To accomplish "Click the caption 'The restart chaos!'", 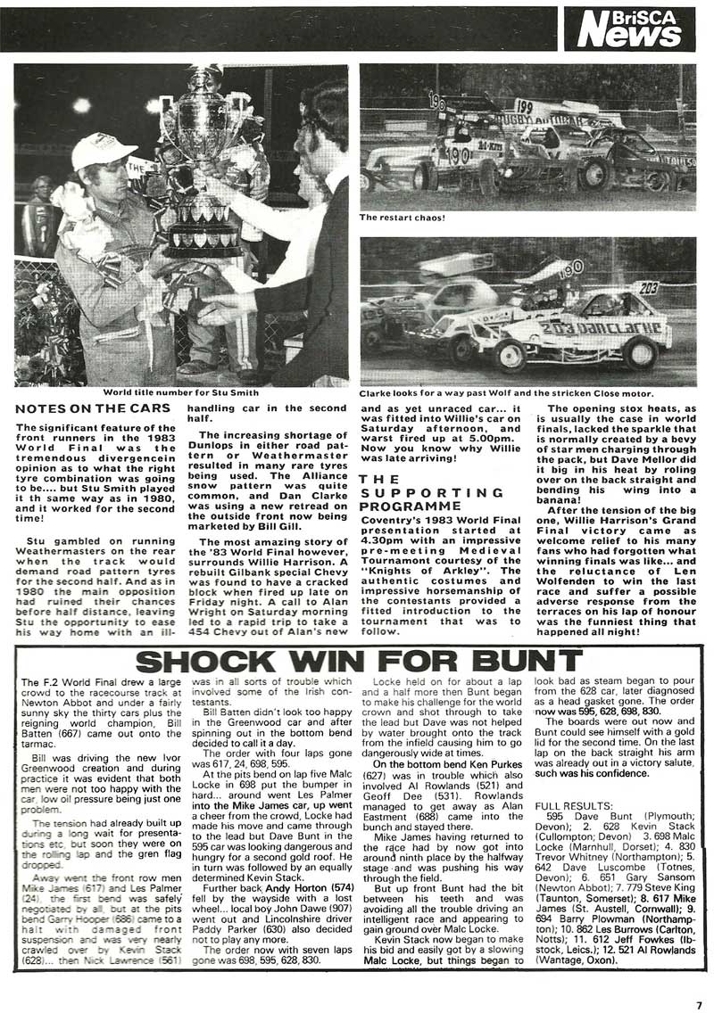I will (x=402, y=217).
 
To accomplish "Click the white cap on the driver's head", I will (x=104, y=150).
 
